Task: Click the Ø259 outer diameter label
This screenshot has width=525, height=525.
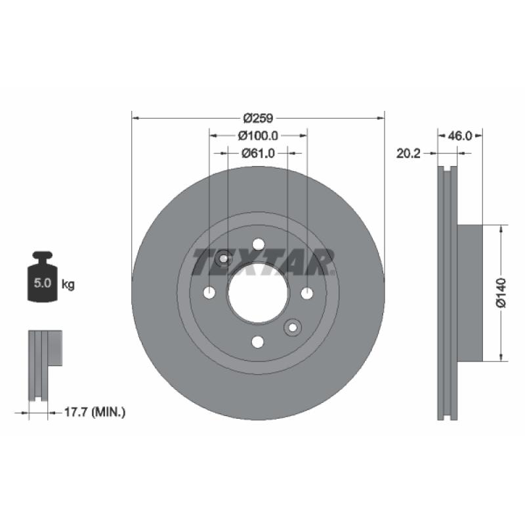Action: coord(258,118)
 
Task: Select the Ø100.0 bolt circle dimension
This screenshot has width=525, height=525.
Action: coord(258,136)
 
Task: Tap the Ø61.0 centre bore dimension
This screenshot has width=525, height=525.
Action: coord(258,154)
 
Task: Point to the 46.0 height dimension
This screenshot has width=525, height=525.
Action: coord(460,136)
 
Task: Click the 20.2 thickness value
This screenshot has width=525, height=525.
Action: coord(408,154)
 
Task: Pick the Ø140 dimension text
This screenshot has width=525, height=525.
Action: coord(501,292)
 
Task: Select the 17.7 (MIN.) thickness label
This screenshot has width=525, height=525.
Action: coord(94,412)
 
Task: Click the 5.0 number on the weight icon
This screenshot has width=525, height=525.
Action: coord(42,283)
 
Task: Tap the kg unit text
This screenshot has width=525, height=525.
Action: coord(68,285)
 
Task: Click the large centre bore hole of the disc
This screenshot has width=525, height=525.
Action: coord(258,293)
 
